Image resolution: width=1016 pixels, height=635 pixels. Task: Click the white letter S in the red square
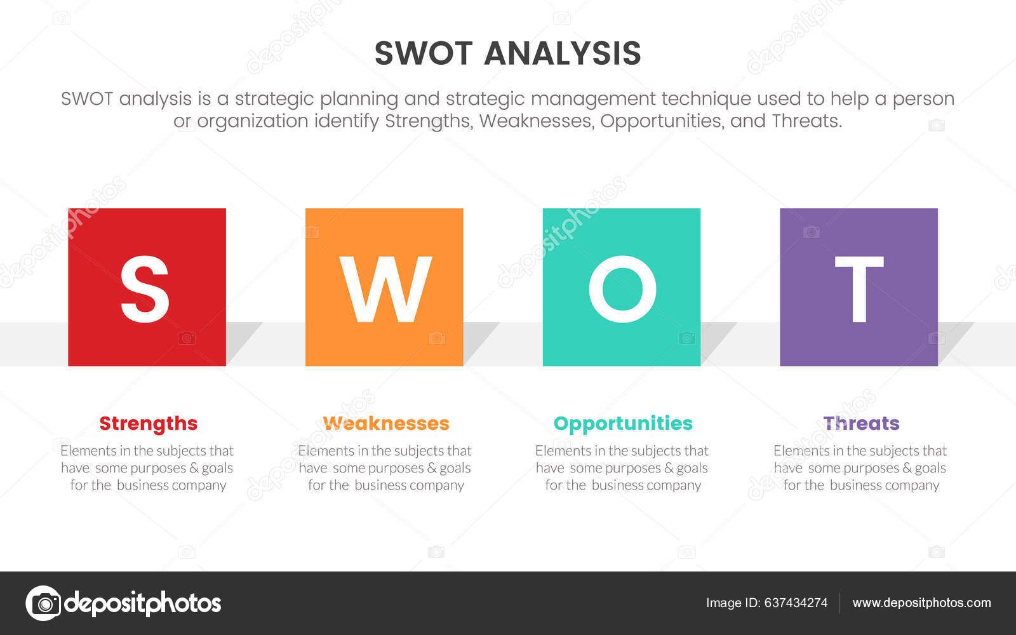point(145,289)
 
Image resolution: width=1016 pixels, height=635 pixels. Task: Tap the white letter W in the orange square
point(385,289)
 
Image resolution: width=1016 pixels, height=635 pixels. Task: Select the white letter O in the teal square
point(622,289)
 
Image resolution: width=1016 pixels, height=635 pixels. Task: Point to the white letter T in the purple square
point(859,289)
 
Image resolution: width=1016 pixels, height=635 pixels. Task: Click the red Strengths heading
point(148,423)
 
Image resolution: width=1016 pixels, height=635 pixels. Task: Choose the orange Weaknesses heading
point(386,423)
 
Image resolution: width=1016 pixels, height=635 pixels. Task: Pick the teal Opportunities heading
point(623,423)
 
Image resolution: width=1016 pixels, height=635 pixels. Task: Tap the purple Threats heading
point(861,423)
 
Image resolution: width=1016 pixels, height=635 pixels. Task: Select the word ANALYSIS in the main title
point(563,53)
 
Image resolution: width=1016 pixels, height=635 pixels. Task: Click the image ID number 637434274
point(796,603)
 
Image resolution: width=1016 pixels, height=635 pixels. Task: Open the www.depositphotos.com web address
point(921,603)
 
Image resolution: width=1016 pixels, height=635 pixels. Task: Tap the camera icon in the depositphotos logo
point(43,603)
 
